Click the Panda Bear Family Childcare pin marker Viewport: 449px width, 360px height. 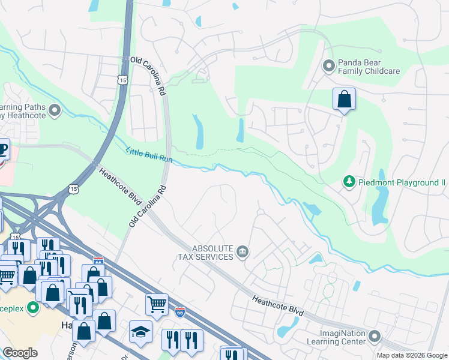point(328,65)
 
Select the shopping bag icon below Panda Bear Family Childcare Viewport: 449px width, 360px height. point(345,100)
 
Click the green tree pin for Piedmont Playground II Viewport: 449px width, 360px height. point(348,181)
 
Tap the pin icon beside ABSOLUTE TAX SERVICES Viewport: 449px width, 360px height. point(243,251)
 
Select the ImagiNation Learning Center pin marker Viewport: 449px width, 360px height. point(375,335)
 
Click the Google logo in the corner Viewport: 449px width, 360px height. point(20,353)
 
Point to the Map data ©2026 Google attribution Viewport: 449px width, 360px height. point(412,355)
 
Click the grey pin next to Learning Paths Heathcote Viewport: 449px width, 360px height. point(55,110)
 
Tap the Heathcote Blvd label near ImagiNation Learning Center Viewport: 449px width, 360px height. point(278,306)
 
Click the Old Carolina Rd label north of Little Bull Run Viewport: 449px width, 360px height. point(148,77)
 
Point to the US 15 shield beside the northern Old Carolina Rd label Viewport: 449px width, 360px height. point(122,80)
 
